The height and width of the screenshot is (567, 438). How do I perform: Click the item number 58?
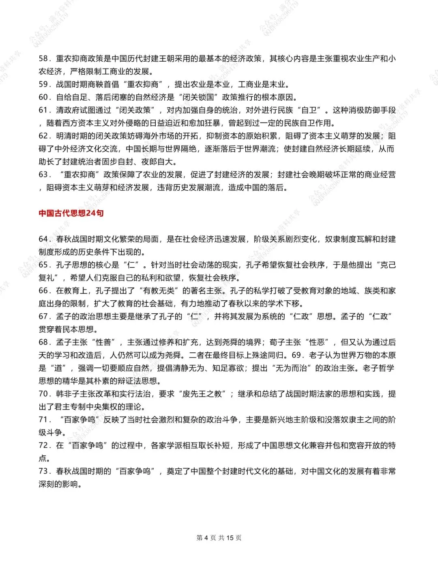(44, 58)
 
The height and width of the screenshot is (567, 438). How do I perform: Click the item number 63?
(44, 175)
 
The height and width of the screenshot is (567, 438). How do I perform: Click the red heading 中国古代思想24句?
(71, 213)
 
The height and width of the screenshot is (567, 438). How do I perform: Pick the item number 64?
(44, 239)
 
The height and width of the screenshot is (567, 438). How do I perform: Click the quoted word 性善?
(104, 342)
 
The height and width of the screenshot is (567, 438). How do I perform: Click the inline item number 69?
(296, 355)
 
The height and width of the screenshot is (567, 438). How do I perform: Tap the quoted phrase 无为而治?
(292, 368)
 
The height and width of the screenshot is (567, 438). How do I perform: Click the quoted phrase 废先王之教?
(202, 394)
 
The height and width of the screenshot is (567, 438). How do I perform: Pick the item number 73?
(44, 471)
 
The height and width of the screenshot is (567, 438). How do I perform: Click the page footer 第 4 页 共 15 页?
(219, 538)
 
